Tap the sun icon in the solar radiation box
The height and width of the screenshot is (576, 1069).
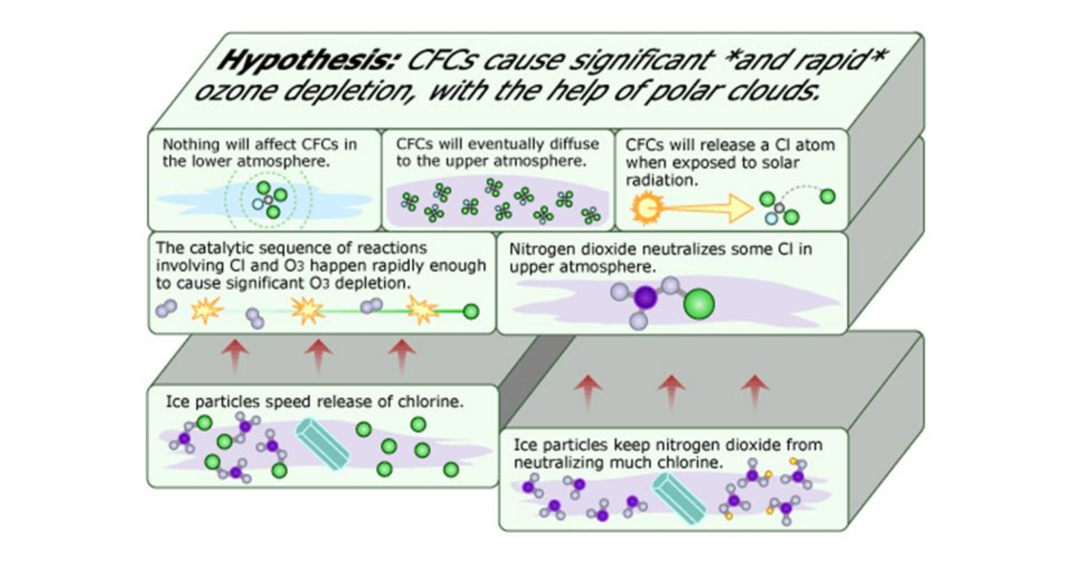point(643,208)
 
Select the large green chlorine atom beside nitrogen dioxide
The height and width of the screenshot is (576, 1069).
point(699,303)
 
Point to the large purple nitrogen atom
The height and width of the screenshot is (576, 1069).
point(646,298)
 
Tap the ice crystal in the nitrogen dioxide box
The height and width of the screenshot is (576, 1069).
point(678,497)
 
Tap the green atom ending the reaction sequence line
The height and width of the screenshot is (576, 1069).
point(470,312)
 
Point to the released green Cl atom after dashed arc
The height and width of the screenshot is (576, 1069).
point(827,197)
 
